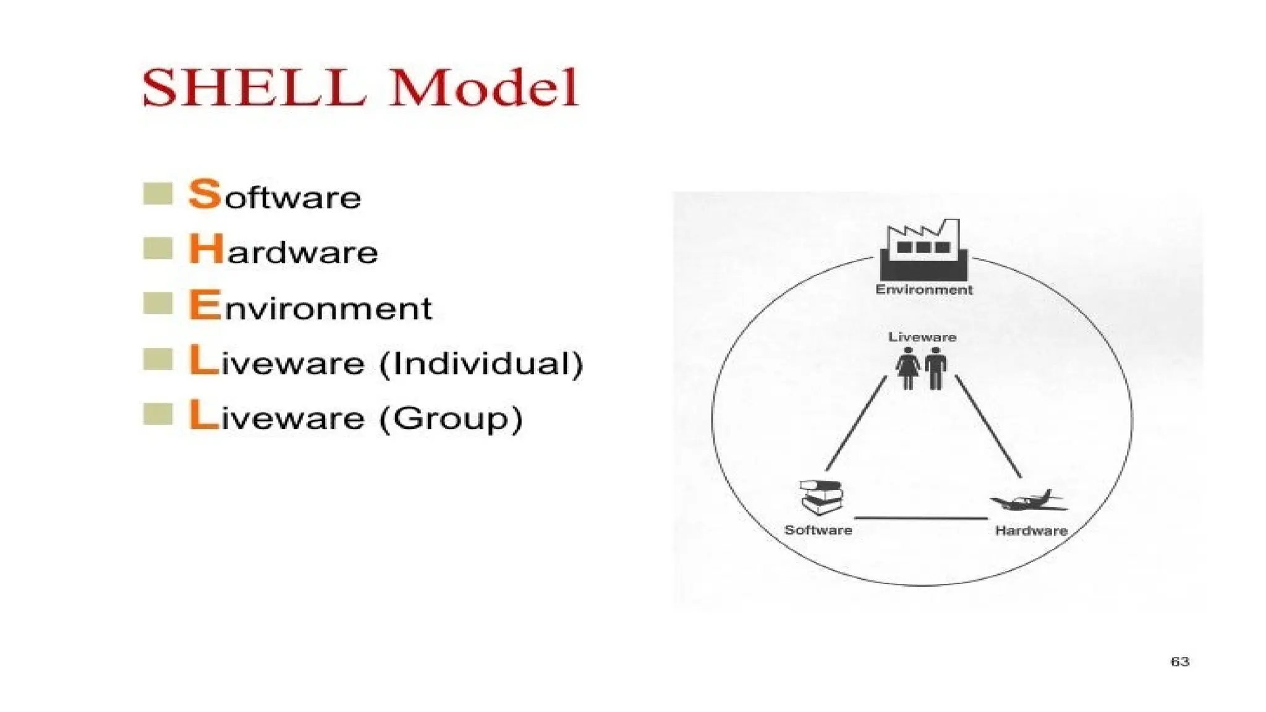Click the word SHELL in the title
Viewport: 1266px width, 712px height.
coord(253,88)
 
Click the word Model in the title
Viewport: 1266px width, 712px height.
coord(484,88)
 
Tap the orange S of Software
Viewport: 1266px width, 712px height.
coord(205,194)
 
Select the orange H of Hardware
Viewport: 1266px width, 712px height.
coord(206,250)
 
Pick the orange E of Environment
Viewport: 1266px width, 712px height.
coord(205,305)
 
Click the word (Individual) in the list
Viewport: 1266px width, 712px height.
coord(481,363)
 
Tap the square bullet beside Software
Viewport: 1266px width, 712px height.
coord(158,193)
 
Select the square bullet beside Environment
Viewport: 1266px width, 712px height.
coord(158,303)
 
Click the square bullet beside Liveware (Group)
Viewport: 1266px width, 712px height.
coord(158,414)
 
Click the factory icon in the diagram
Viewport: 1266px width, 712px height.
coord(924,250)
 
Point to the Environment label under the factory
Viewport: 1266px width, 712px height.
coord(924,290)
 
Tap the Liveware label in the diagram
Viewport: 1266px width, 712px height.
coord(922,337)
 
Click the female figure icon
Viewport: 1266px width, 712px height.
coord(908,368)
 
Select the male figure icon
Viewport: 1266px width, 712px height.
coord(936,368)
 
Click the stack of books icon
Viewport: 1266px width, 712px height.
coord(822,498)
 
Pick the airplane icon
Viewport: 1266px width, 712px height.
coord(1029,501)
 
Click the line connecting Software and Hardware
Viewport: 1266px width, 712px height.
coord(921,518)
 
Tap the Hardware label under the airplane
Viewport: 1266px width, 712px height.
coord(1031,531)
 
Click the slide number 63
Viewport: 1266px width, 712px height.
coord(1179,662)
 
